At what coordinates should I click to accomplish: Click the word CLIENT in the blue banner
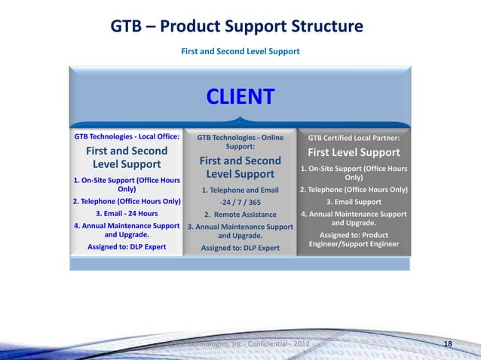click(240, 97)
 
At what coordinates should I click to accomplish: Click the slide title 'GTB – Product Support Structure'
click(237, 27)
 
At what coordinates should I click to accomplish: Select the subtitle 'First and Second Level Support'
click(240, 52)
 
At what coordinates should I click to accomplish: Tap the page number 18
click(449, 344)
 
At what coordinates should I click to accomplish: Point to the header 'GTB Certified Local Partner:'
click(354, 138)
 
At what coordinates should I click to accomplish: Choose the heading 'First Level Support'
click(354, 153)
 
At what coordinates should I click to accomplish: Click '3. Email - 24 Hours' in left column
click(127, 213)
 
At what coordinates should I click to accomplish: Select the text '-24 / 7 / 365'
click(240, 202)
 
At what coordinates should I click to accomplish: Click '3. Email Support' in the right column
click(354, 202)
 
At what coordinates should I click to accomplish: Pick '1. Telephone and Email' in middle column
click(240, 190)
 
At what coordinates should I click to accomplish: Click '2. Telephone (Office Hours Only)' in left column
click(127, 201)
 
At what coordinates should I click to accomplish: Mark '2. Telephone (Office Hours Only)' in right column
click(354, 190)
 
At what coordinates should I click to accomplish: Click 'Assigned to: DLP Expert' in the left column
click(127, 246)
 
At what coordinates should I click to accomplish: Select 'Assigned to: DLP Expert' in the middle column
click(240, 248)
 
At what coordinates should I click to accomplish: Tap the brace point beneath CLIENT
click(240, 119)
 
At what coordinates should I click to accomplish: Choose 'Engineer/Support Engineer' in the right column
click(354, 244)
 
